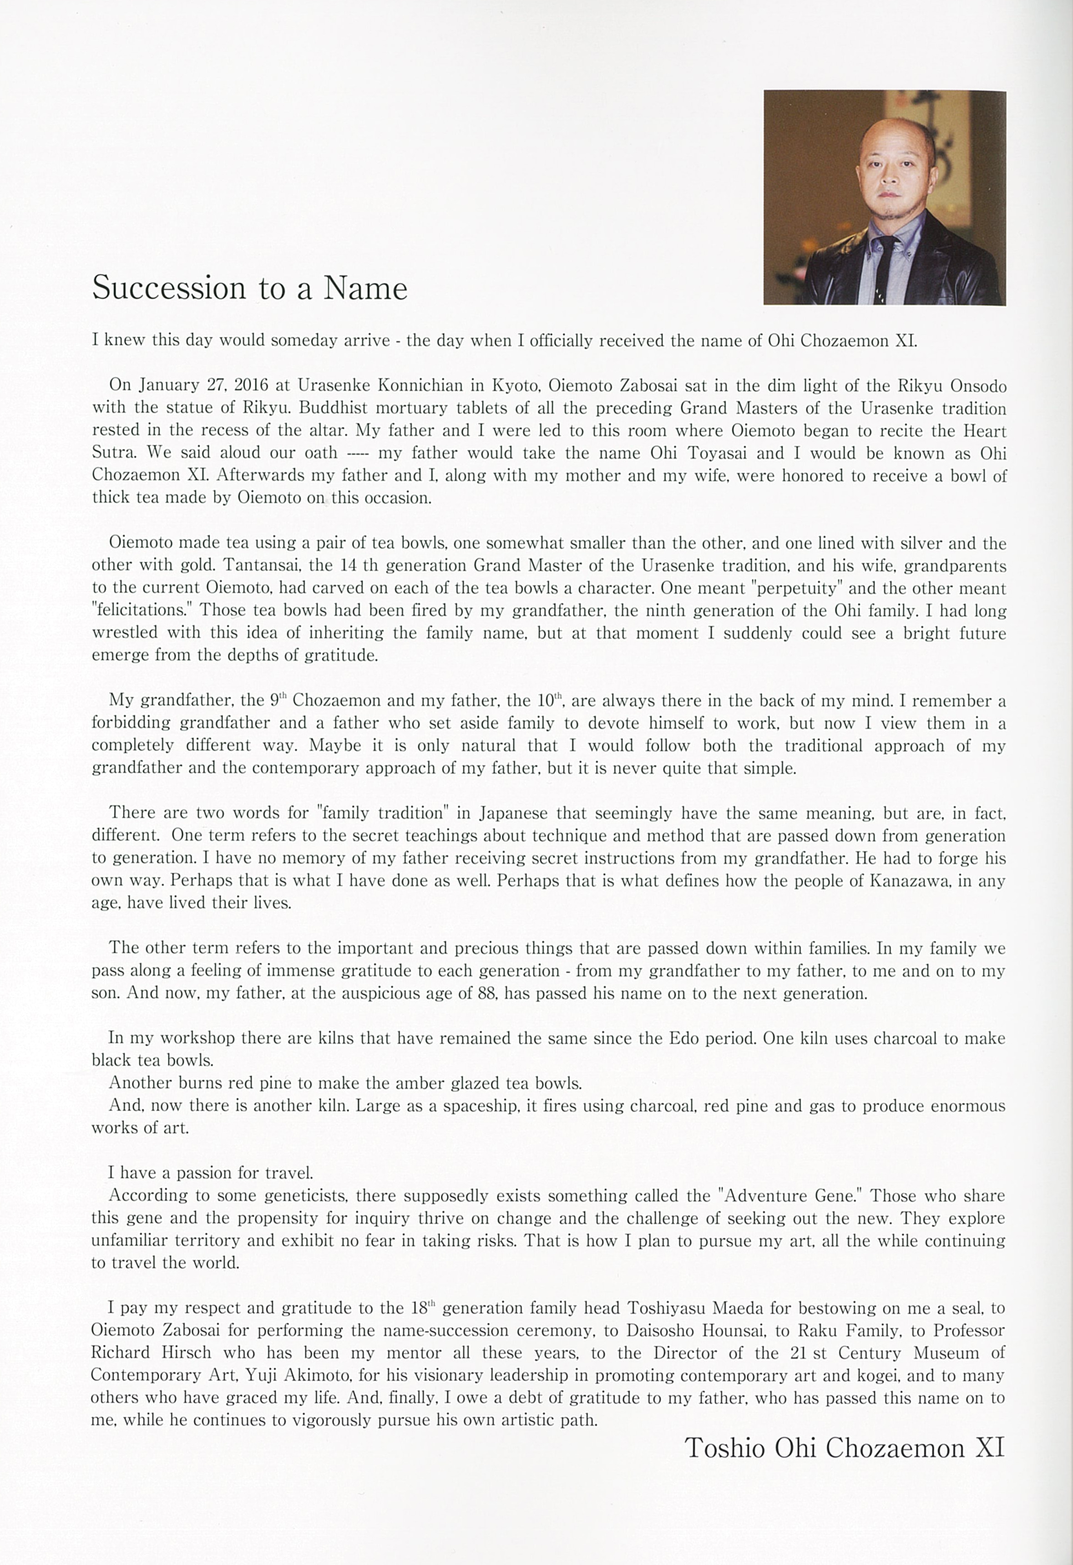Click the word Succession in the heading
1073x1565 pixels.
pos(169,288)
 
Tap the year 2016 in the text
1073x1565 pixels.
pos(251,386)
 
